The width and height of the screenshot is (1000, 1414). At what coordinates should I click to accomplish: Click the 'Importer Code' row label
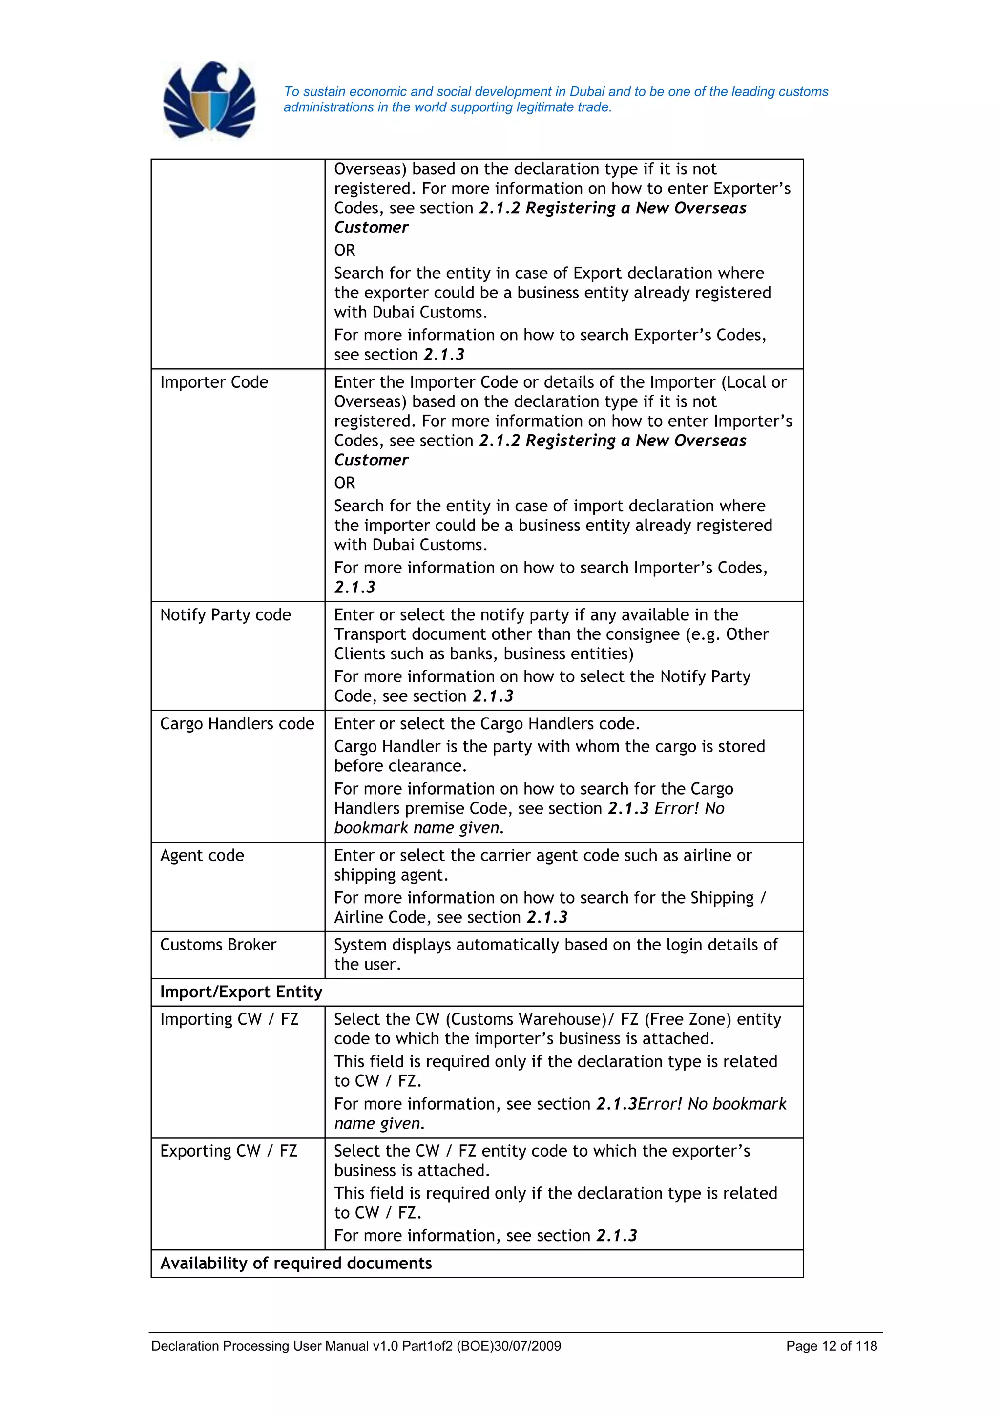pos(214,382)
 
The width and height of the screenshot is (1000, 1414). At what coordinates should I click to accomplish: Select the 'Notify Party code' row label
pos(226,615)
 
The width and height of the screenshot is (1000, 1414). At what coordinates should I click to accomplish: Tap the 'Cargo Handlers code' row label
pos(237,724)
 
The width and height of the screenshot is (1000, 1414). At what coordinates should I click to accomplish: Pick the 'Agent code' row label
pos(202,855)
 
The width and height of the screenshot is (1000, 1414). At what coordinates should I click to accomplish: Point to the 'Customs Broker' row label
pos(218,945)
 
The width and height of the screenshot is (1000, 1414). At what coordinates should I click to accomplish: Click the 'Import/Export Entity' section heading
pos(241,992)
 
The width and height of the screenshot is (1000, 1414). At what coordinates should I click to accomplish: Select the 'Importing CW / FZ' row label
pos(229,1019)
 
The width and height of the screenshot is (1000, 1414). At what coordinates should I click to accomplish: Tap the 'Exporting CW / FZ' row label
pos(229,1151)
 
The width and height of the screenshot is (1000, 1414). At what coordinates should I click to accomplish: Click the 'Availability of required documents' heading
pos(295,1263)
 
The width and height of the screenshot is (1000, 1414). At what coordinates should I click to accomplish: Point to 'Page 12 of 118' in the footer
pos(831,1346)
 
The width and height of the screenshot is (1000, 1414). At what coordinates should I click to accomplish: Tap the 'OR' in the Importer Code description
pos(344,483)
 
